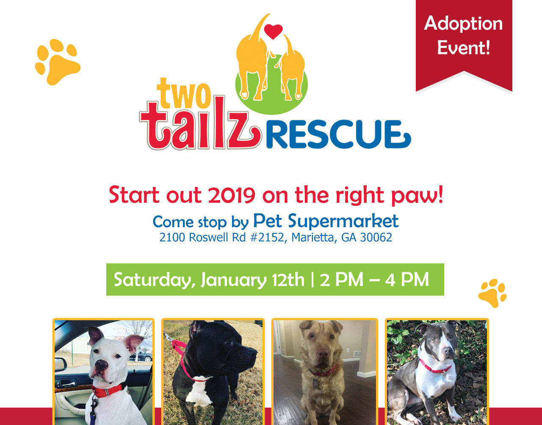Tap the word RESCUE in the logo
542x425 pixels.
pos(338,134)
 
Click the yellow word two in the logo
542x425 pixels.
pos(184,93)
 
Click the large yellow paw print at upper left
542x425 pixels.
pos(58,62)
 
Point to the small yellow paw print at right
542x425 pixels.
pos(492,293)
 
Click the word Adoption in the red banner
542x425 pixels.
pos(463,24)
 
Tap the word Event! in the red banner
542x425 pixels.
pos(463,48)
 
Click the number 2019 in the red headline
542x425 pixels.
pos(232,195)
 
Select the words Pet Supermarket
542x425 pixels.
pos(326,221)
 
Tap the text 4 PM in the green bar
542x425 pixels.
pos(407,280)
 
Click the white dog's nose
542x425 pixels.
pos(102,365)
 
